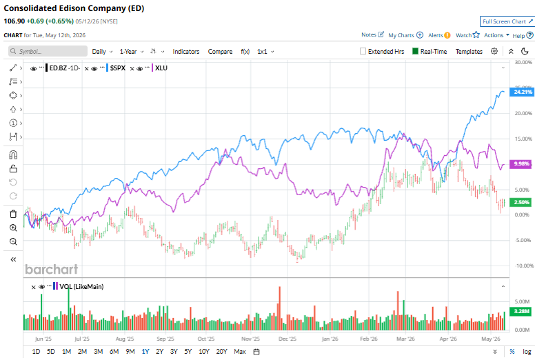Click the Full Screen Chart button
(507, 21)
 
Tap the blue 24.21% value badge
(522, 92)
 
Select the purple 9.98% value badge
(522, 163)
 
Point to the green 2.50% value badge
(522, 202)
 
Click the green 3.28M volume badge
(522, 311)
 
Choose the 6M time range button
(114, 352)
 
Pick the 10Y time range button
(203, 352)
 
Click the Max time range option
(240, 352)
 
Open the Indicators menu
(186, 52)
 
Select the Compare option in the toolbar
(220, 52)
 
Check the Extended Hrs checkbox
(363, 51)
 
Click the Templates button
(469, 52)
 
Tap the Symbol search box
(48, 51)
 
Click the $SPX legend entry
(118, 68)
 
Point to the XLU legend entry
(161, 68)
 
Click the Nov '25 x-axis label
(250, 339)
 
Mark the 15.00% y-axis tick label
(523, 139)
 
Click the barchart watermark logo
(52, 269)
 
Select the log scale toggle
(527, 352)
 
